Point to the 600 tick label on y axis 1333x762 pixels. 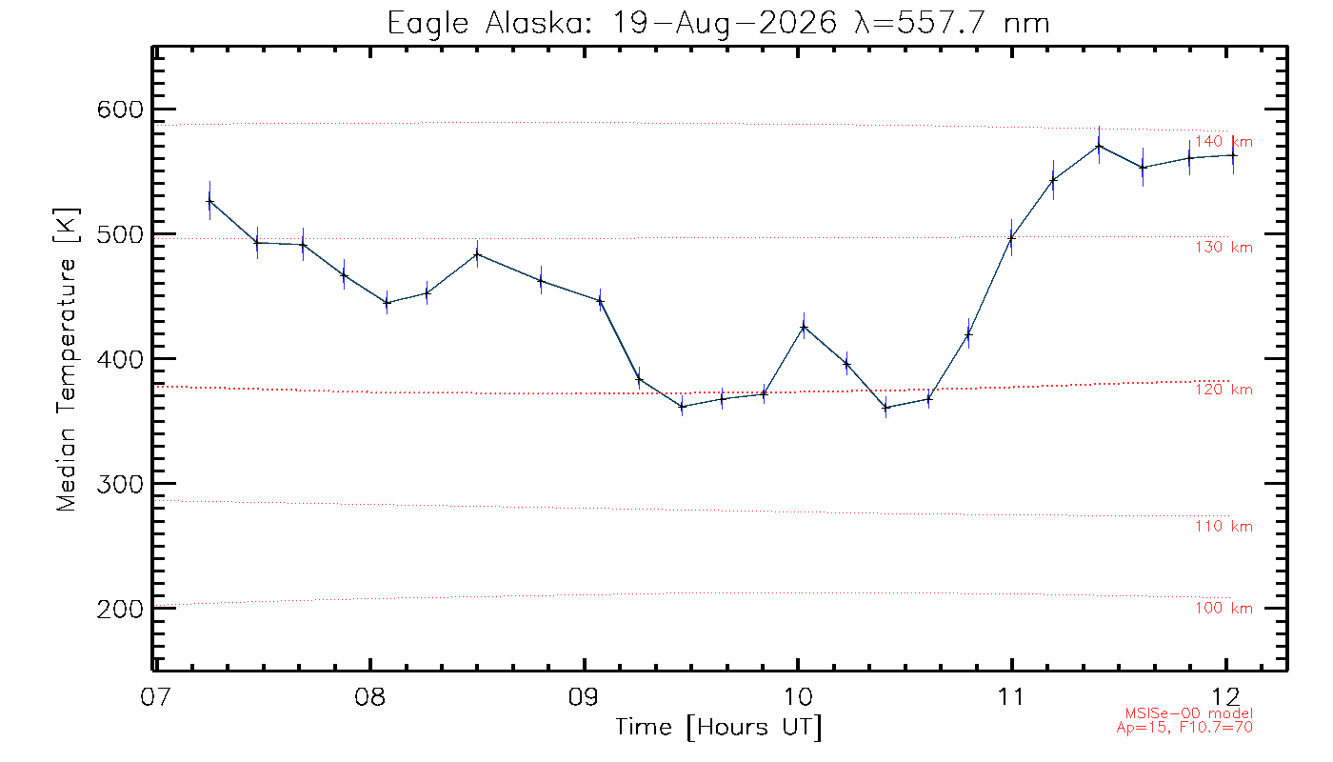click(x=120, y=110)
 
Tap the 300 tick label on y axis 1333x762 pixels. click(x=120, y=484)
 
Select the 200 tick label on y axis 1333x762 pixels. click(x=120, y=609)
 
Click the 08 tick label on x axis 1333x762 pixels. click(x=370, y=696)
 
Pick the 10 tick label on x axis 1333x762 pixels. click(x=798, y=696)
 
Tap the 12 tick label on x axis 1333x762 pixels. click(x=1225, y=696)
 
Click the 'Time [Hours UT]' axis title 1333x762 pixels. click(x=718, y=728)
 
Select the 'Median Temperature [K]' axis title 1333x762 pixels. click(x=67, y=360)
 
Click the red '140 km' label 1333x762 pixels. click(x=1224, y=142)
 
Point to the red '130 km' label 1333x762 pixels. click(x=1224, y=247)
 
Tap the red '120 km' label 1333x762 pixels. click(x=1224, y=390)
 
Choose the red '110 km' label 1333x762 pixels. click(x=1224, y=526)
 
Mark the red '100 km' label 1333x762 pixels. click(x=1224, y=608)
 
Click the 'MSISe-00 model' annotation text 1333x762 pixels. click(x=1189, y=713)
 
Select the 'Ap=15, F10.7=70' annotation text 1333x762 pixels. click(x=1184, y=728)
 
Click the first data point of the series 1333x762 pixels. click(x=209, y=201)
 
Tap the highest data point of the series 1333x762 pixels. click(x=1099, y=146)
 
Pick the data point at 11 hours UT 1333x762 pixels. click(x=1011, y=238)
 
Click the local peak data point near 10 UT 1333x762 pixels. click(x=804, y=327)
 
